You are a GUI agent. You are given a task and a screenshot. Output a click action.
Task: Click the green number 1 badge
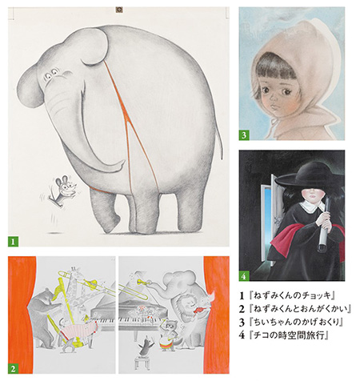coord(13,239)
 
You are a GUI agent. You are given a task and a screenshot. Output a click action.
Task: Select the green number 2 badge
coord(14,368)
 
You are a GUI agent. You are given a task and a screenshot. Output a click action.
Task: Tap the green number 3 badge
coord(245,134)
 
